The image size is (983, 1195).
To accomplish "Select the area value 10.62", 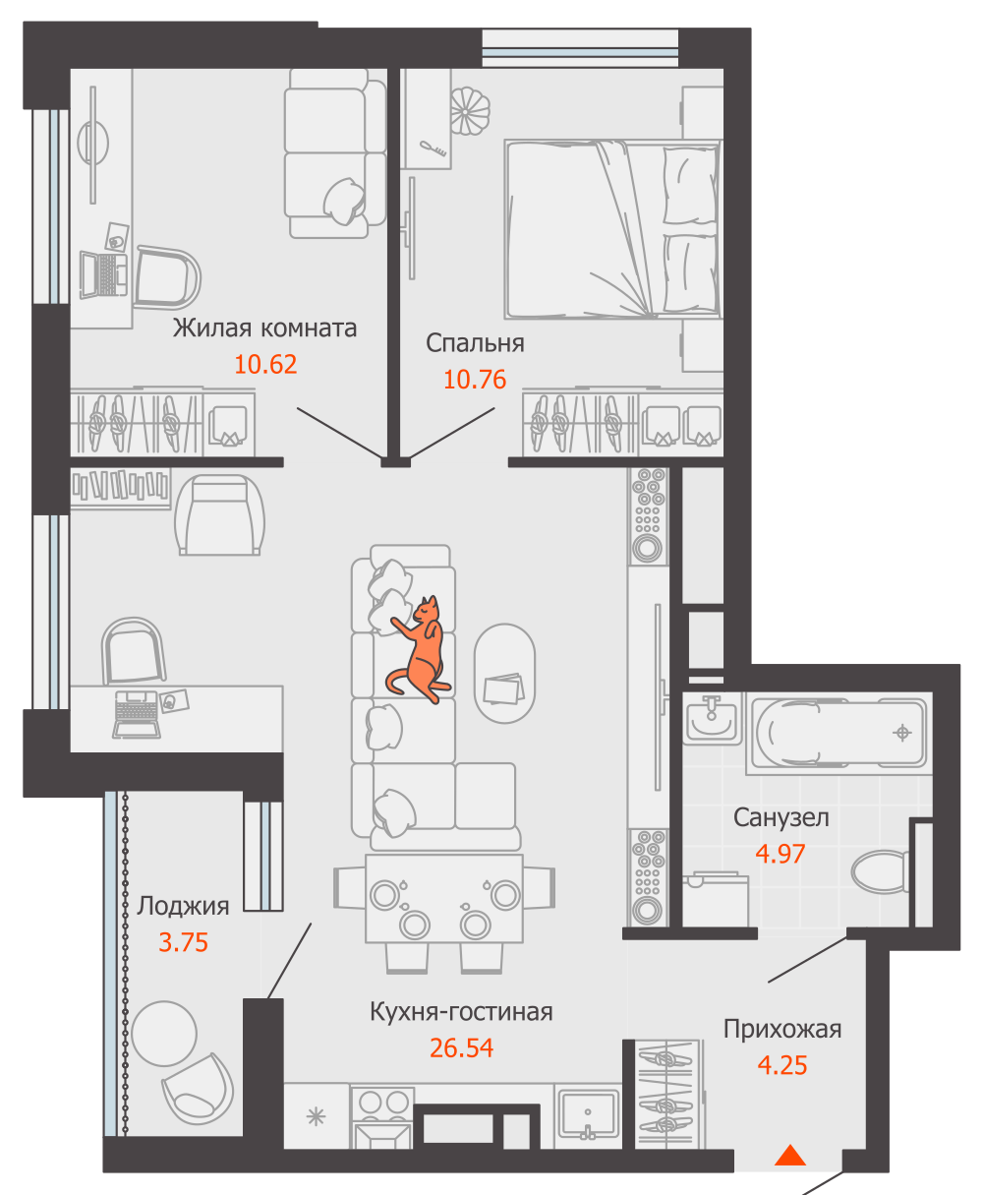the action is tap(265, 364).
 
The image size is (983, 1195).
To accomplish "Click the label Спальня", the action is tap(475, 343).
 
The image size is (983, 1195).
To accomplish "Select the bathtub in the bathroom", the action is tap(839, 733).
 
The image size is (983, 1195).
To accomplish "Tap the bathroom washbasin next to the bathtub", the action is tap(712, 718).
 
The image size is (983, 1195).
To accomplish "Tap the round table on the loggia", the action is tap(164, 1033).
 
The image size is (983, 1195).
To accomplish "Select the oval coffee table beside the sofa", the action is tap(504, 673).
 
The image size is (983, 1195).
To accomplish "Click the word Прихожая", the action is tap(782, 1029).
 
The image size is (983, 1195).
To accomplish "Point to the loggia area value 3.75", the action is tap(183, 941).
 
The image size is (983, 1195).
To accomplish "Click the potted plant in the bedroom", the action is tap(470, 111).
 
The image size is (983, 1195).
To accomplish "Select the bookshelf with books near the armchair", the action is tap(120, 488).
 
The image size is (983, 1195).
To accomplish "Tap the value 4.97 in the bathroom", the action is tap(781, 854).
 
